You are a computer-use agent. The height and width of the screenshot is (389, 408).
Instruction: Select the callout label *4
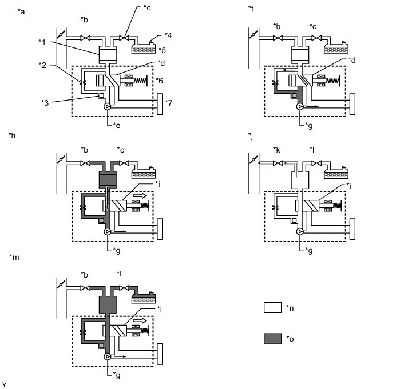pos(169,34)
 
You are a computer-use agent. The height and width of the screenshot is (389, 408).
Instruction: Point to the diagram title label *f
pos(251,9)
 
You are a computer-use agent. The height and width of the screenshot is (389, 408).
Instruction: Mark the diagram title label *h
pos(12,135)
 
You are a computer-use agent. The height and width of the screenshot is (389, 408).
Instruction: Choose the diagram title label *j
pos(251,135)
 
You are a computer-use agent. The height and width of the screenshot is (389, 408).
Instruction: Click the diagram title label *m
pos(15,258)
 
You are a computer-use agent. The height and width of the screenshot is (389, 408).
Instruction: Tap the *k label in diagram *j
pos(276,150)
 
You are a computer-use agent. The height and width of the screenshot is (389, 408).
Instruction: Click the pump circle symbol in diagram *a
pos(108,106)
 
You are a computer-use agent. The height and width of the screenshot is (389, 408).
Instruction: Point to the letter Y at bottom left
pos(5,384)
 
